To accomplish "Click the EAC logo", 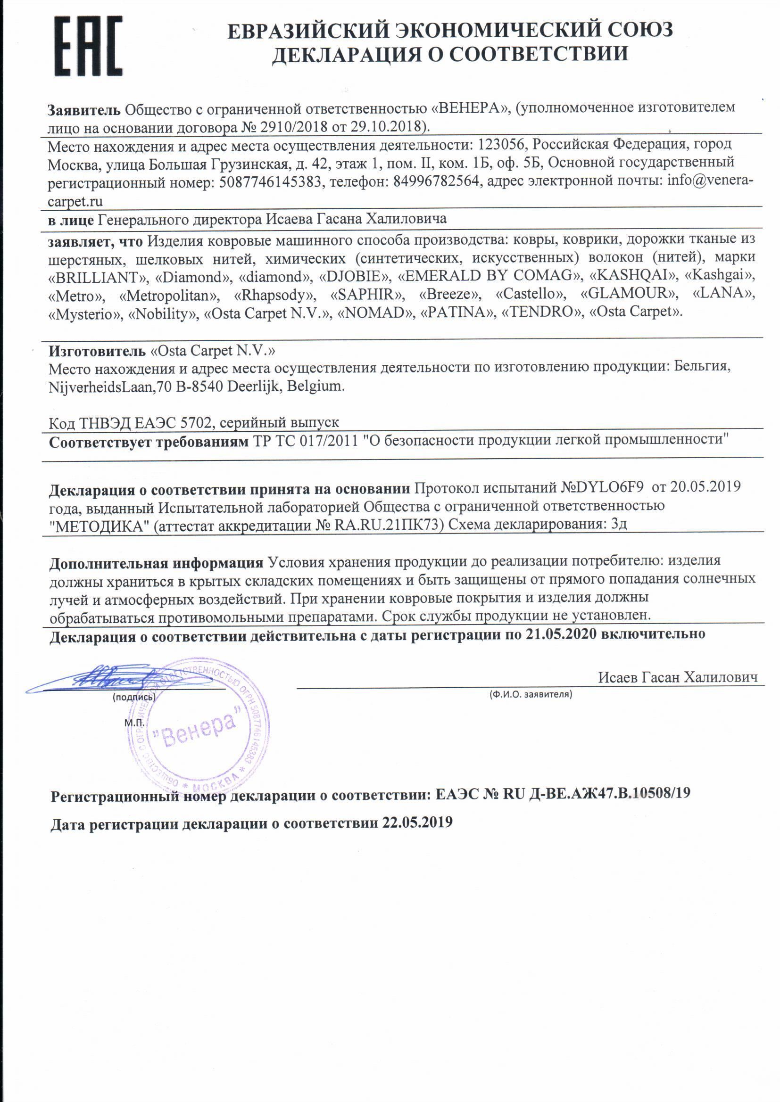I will click(x=88, y=47).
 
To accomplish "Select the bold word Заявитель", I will click(x=83, y=110).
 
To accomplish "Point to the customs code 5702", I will click(x=196, y=423).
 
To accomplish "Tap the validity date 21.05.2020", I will click(x=561, y=634).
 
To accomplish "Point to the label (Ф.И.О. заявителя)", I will click(x=531, y=694).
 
